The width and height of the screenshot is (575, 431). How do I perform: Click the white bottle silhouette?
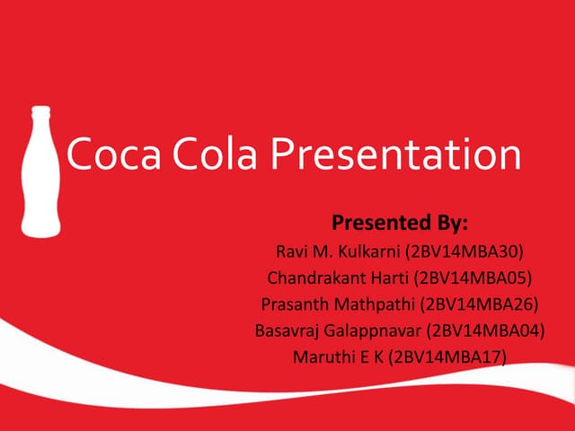pyautogui.click(x=40, y=180)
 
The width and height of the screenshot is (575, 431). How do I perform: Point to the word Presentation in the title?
pyautogui.click(x=395, y=154)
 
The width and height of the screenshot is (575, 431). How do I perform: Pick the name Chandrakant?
pyautogui.click(x=314, y=277)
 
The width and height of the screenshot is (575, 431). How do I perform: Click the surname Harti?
pyautogui.click(x=386, y=277)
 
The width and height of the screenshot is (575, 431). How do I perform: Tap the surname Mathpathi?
pyautogui.click(x=372, y=303)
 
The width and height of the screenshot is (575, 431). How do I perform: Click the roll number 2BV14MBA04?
pyautogui.click(x=486, y=330)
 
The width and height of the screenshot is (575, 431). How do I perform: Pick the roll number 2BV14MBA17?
pyautogui.click(x=449, y=357)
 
